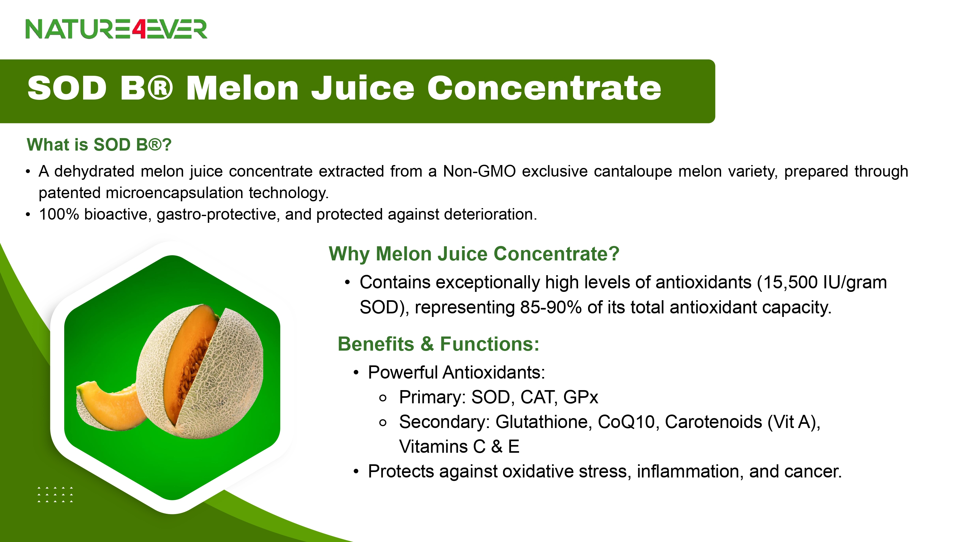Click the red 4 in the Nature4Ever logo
pyautogui.click(x=138, y=29)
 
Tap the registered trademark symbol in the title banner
pyautogui.click(x=160, y=88)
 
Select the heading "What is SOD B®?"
pyautogui.click(x=99, y=145)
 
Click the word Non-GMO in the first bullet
pyautogui.click(x=479, y=171)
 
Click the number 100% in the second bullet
pyautogui.click(x=59, y=214)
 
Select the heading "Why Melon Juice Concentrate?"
pyautogui.click(x=474, y=254)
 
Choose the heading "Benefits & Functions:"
pyautogui.click(x=438, y=344)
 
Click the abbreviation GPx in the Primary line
pyautogui.click(x=581, y=397)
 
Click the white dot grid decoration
pyautogui.click(x=55, y=494)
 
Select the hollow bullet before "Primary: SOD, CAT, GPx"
pyautogui.click(x=382, y=398)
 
